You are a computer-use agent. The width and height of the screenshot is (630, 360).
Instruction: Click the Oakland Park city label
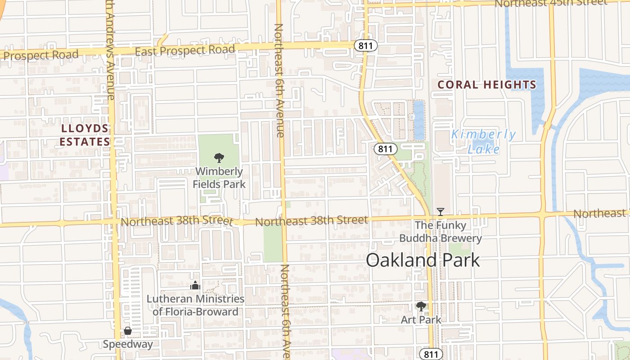coord(423,260)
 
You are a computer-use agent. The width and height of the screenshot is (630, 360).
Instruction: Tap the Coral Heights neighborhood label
coord(487,85)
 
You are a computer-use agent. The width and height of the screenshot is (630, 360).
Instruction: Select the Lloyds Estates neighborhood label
coord(85,135)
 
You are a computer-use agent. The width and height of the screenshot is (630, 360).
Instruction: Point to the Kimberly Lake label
coord(484,141)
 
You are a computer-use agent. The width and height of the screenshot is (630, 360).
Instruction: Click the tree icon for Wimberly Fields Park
coord(219,157)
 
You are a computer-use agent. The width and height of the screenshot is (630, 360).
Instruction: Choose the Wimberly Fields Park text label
coord(219,178)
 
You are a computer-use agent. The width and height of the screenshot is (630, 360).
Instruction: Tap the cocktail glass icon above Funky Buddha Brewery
coord(441,211)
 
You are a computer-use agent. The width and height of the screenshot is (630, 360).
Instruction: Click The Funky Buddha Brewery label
coord(441,232)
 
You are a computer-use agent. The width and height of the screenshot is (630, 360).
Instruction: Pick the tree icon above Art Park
coord(421,307)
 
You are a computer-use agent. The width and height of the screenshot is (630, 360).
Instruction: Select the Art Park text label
coord(421,320)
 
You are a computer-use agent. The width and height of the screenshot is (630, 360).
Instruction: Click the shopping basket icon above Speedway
coord(128,331)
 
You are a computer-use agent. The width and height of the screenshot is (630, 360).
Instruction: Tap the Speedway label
coord(128,344)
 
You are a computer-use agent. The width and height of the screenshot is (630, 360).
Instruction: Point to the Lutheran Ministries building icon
coord(195,285)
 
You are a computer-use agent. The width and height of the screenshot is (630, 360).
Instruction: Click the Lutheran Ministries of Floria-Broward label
coord(196,305)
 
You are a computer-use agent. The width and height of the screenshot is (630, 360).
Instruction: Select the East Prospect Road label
coord(185,50)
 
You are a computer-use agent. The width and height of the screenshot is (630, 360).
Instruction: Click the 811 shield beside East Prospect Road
coord(365,46)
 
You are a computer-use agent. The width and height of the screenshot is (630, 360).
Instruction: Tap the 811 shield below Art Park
coord(431,354)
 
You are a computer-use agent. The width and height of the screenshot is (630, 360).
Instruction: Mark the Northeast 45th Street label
coord(551,3)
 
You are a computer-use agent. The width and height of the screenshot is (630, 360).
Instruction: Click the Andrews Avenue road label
coord(110,49)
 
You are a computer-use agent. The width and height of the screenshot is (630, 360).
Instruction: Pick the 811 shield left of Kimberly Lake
coord(386,149)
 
